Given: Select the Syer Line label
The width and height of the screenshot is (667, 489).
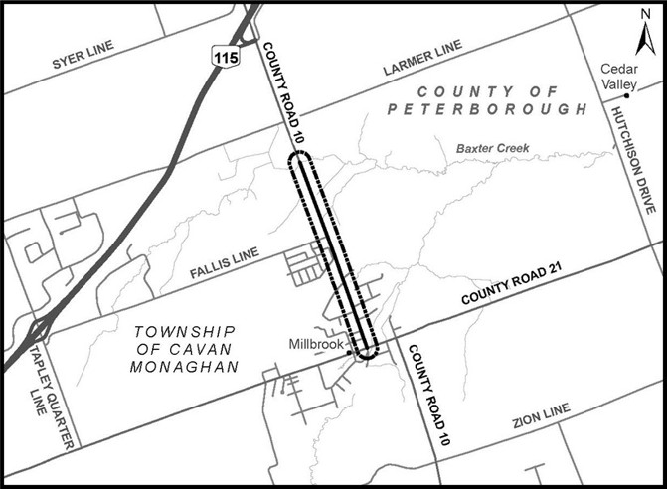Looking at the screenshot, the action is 83,56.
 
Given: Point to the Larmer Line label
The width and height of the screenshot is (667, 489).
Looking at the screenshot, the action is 421,61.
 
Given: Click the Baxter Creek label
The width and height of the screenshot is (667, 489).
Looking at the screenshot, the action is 492,149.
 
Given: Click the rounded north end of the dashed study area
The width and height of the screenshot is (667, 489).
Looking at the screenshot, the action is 299,158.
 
